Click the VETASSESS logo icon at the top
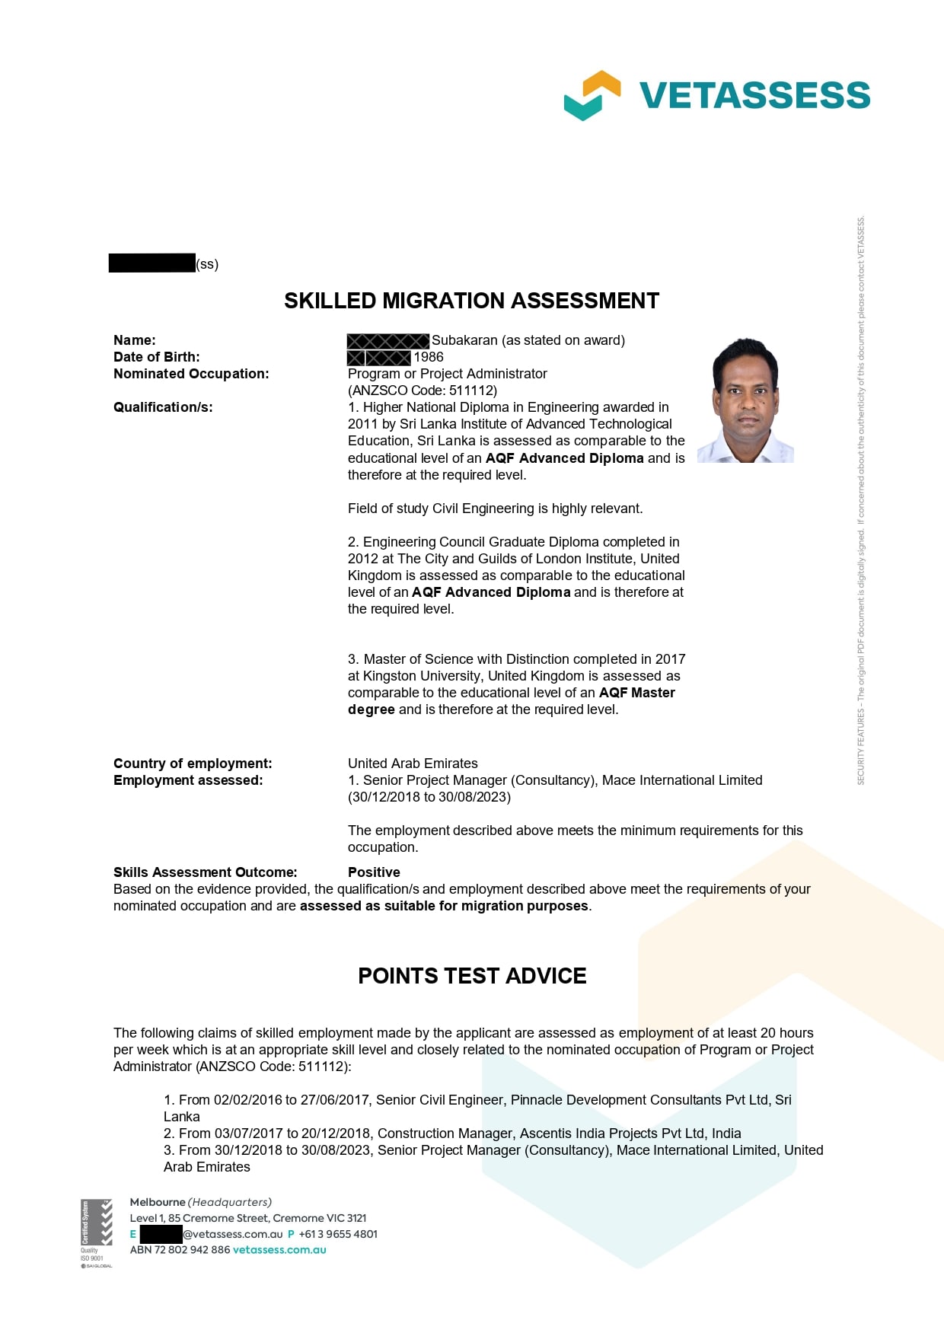click(x=592, y=95)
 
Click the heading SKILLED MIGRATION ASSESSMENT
click(x=471, y=301)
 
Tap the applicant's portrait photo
click(x=745, y=400)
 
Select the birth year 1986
click(x=429, y=357)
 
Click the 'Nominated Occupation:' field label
click(x=191, y=374)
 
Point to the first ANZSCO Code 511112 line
click(x=423, y=391)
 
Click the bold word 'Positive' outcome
click(x=374, y=872)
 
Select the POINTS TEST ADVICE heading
click(x=472, y=976)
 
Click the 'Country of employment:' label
click(x=193, y=764)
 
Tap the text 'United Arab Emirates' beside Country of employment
click(x=413, y=764)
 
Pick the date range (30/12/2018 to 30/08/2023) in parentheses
click(x=429, y=797)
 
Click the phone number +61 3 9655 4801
click(x=338, y=1234)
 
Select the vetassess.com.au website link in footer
click(x=279, y=1250)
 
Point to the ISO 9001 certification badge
click(x=96, y=1232)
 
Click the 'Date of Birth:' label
click(x=157, y=357)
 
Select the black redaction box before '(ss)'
click(x=151, y=263)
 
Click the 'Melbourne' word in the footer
click(x=158, y=1202)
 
